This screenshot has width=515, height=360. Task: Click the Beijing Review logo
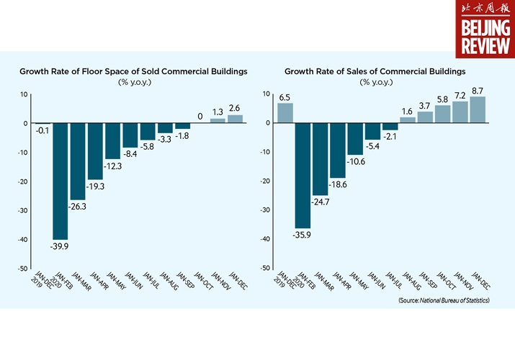pyautogui.click(x=485, y=29)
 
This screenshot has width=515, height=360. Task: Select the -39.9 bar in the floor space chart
pyautogui.click(x=60, y=181)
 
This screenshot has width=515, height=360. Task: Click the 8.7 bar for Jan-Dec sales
pyautogui.click(x=478, y=109)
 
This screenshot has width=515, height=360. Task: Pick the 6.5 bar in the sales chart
pyautogui.click(x=285, y=113)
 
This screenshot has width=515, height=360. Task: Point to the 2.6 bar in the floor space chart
pyautogui.click(x=235, y=119)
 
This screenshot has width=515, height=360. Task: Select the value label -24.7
pyautogui.click(x=320, y=202)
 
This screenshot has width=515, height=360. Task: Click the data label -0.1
pyautogui.click(x=42, y=132)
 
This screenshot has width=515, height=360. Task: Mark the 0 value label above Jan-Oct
pyautogui.click(x=200, y=116)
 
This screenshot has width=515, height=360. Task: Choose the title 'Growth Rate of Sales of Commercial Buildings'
pyautogui.click(x=375, y=71)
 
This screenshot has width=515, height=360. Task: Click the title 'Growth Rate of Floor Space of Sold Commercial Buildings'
pyautogui.click(x=134, y=71)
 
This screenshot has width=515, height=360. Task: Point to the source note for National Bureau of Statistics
pyautogui.click(x=444, y=299)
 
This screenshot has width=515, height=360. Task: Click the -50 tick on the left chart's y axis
pyautogui.click(x=23, y=269)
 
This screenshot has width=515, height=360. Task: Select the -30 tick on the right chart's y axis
pyautogui.click(x=266, y=210)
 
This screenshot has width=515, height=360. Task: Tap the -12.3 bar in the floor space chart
pyautogui.click(x=112, y=141)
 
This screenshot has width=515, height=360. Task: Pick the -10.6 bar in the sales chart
pyautogui.click(x=355, y=138)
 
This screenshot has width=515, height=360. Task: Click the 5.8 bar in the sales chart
pyautogui.click(x=442, y=114)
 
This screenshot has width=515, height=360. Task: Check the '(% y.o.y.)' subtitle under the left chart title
pyautogui.click(x=134, y=81)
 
